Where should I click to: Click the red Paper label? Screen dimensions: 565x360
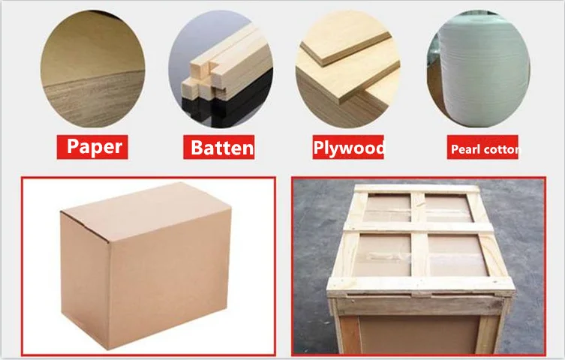tap(92, 147)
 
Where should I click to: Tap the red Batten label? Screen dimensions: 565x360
tap(218, 147)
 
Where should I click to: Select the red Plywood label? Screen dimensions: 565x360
tap(348, 147)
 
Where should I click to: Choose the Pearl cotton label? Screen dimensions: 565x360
tap(482, 147)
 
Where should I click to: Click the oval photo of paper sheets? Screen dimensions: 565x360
tap(92, 69)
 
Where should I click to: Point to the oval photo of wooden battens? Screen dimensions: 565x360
tap(221, 69)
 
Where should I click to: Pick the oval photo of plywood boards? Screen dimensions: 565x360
tap(347, 69)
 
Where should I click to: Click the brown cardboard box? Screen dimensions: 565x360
tap(146, 265)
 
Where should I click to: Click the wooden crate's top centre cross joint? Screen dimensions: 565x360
tap(419, 226)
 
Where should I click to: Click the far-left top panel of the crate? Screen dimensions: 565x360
tap(387, 207)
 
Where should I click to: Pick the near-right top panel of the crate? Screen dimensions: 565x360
tap(458, 255)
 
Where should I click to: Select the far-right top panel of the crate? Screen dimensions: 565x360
tap(449, 208)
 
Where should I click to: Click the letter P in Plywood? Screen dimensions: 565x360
tap(318, 148)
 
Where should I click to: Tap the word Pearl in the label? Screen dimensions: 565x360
tap(462, 148)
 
